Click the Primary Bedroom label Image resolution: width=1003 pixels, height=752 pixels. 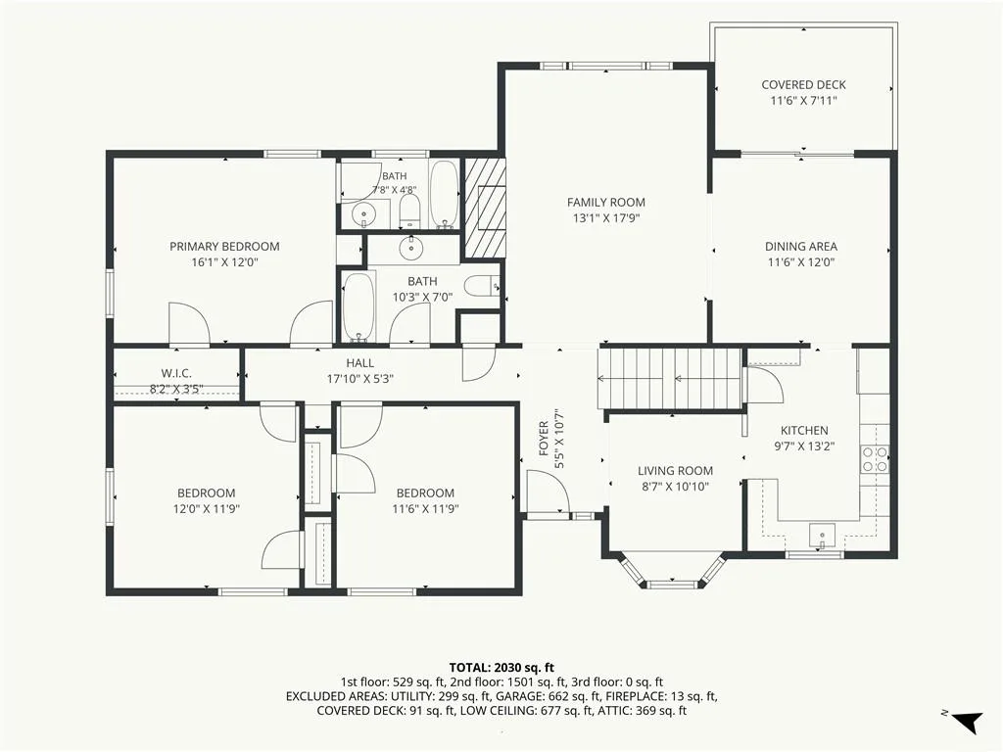click(224, 246)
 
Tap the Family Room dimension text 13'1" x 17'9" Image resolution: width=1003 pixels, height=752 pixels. click(605, 218)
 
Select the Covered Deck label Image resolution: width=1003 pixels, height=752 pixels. click(803, 84)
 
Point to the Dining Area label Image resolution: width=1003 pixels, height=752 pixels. click(801, 246)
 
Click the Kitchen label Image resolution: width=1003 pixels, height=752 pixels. click(804, 431)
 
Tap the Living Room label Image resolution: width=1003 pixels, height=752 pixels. click(675, 471)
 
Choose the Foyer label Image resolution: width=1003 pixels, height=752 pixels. click(544, 438)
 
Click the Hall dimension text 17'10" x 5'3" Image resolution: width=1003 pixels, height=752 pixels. click(360, 379)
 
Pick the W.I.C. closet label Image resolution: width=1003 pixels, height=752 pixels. click(176, 373)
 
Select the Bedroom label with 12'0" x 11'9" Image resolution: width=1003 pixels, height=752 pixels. click(206, 493)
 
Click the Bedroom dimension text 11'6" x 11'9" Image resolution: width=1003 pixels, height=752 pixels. click(425, 509)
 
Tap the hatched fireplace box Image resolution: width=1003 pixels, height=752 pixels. click(484, 208)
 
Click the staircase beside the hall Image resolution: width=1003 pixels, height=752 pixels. click(670, 379)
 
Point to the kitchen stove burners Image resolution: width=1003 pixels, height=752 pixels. click(875, 458)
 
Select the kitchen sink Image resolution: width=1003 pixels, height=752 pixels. click(822, 536)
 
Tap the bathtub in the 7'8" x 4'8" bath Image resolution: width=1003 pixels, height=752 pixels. click(444, 194)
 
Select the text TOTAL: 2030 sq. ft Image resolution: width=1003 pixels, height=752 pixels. click(501, 668)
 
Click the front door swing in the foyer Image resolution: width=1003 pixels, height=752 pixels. click(548, 491)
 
